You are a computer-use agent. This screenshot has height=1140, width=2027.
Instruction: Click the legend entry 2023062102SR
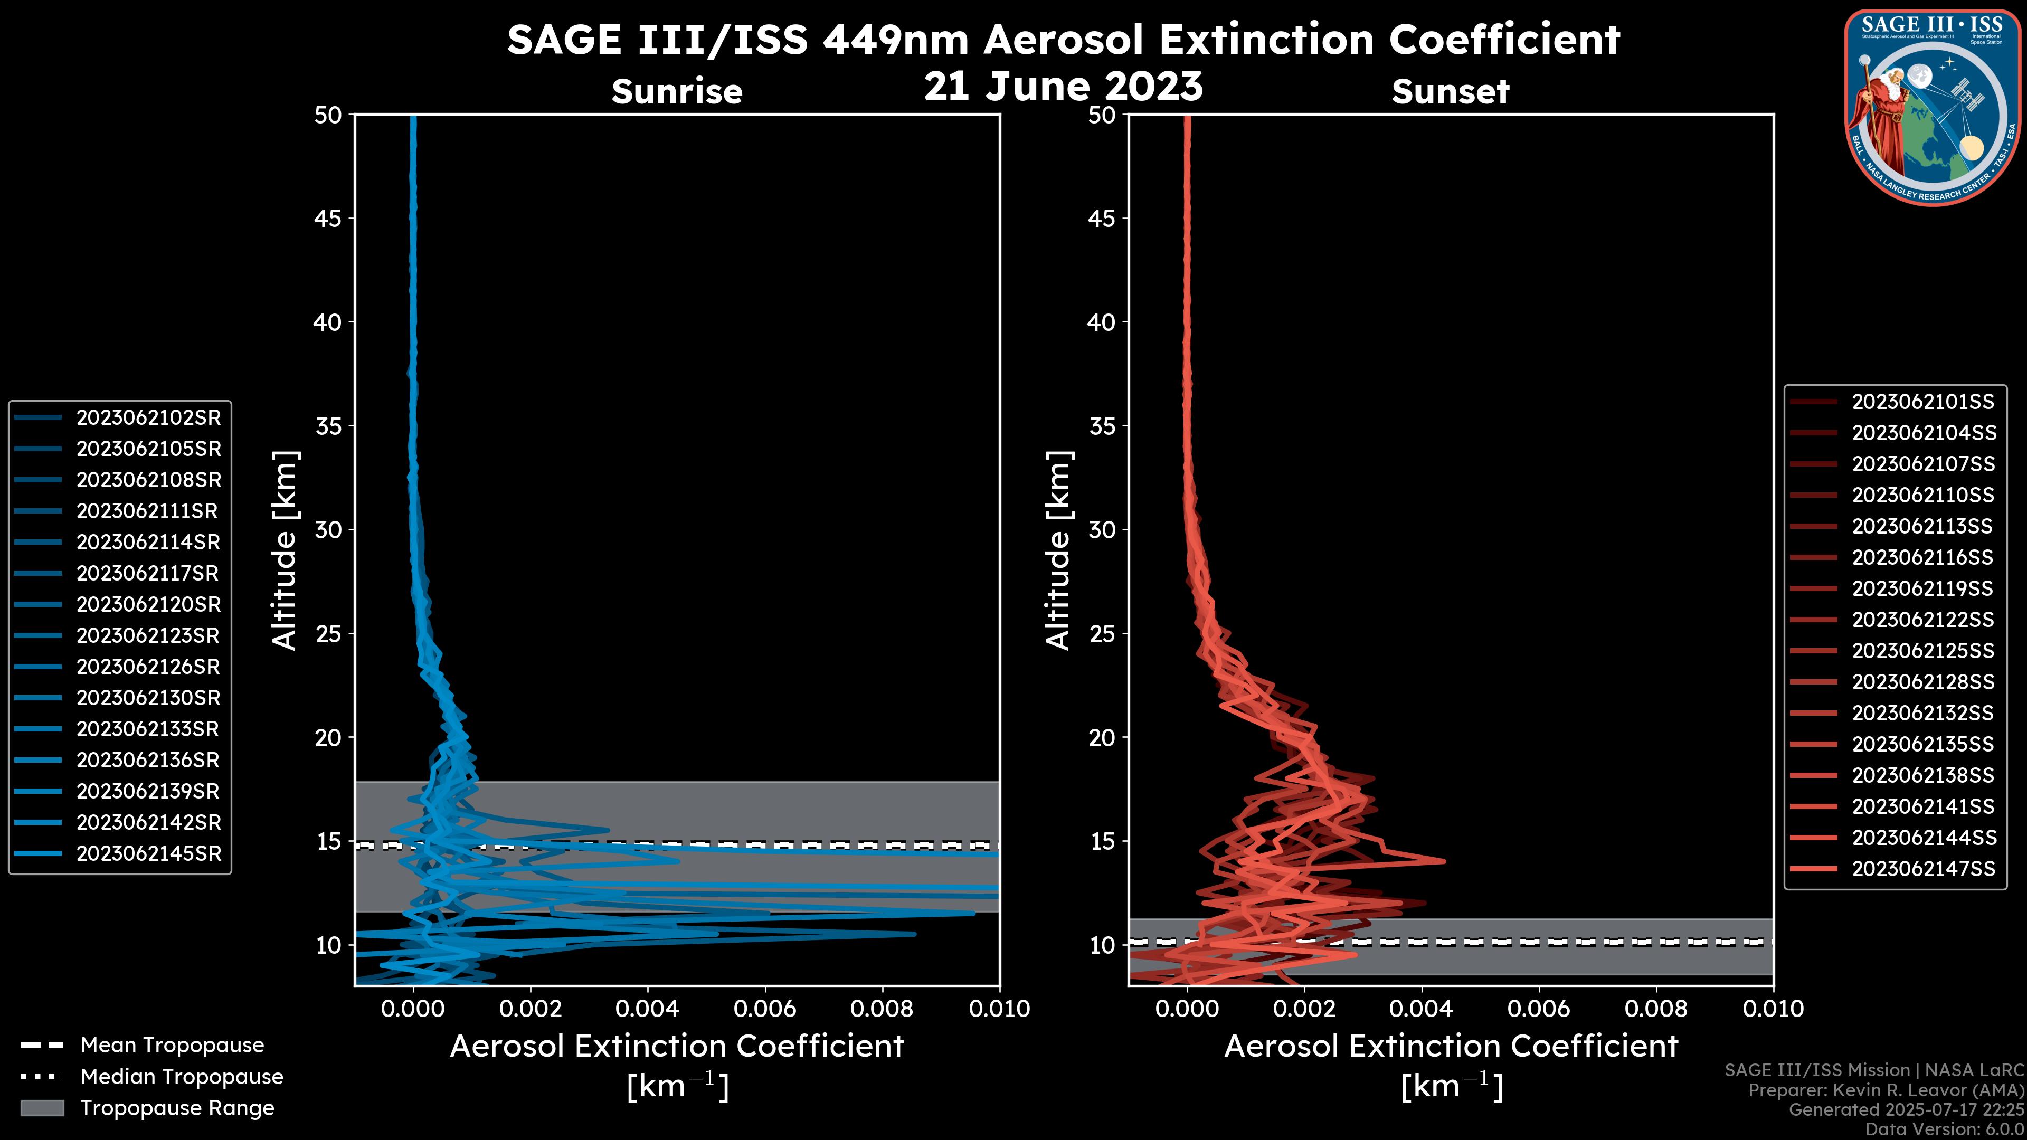[148, 418]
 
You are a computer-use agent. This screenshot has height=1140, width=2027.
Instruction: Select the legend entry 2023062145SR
[148, 853]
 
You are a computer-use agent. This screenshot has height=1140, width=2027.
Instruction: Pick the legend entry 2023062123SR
[148, 635]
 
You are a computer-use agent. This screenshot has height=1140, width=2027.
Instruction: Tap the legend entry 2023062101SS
[1922, 402]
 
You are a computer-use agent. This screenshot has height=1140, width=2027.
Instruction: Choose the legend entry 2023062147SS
[1922, 869]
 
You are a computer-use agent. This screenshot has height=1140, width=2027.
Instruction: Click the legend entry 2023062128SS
[1922, 682]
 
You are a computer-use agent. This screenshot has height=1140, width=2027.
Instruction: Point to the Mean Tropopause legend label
[172, 1046]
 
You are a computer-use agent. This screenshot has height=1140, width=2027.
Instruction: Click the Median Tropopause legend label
[181, 1077]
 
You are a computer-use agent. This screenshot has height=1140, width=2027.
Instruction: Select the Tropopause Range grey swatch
[42, 1108]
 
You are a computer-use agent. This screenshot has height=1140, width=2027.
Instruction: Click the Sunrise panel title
[677, 92]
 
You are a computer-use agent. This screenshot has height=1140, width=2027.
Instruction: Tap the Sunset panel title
[1450, 92]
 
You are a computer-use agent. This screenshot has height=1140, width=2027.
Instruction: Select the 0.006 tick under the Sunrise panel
[765, 1009]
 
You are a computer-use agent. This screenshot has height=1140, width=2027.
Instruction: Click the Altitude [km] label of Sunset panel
[1058, 550]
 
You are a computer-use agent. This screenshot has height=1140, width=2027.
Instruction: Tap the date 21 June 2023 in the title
[1063, 87]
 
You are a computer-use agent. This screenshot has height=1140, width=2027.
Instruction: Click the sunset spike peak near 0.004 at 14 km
[1443, 861]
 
